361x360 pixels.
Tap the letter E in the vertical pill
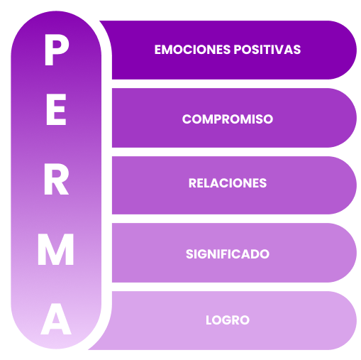[x=56, y=109]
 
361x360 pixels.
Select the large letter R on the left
[x=56, y=179]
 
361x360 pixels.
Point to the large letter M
[x=56, y=249]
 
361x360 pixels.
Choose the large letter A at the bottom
[x=56, y=319]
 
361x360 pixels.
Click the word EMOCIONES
[x=192, y=50]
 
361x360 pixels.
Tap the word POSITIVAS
[x=267, y=50]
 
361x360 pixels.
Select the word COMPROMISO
[x=228, y=119]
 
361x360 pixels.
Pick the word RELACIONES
[x=228, y=183]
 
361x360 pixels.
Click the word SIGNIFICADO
[x=228, y=254]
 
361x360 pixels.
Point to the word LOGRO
[x=228, y=320]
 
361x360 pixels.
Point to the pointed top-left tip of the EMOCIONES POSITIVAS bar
[x=100, y=21]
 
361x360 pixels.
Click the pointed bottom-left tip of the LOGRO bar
[x=89, y=349]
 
